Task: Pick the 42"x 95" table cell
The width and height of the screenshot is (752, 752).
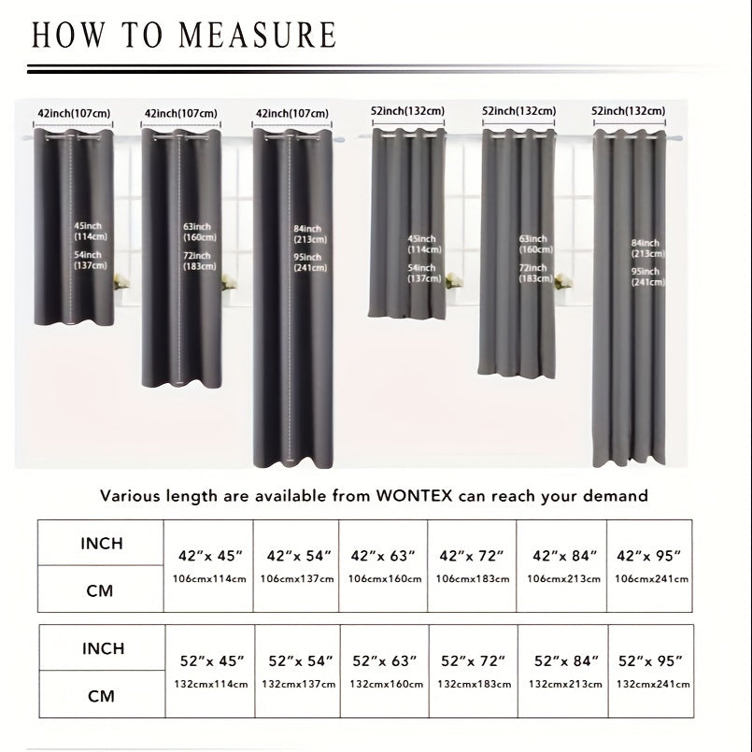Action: tap(649, 556)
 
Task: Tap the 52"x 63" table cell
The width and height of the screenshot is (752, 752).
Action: tap(384, 661)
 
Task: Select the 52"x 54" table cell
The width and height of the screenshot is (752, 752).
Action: tap(300, 661)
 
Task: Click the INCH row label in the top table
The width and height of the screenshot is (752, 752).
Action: tap(102, 544)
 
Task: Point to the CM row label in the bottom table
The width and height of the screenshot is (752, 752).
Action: tap(102, 696)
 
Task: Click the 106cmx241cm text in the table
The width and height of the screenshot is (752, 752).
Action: tap(649, 579)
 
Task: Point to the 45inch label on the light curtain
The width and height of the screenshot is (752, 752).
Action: tap(422, 239)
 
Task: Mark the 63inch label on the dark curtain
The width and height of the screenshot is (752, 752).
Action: tap(196, 227)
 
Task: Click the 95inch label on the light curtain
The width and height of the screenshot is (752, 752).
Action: tap(645, 272)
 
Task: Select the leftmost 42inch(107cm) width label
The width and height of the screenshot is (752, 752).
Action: tap(74, 113)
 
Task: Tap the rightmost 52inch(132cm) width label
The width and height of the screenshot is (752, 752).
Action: tap(629, 110)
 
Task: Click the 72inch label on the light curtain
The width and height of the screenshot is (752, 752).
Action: tap(533, 268)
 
